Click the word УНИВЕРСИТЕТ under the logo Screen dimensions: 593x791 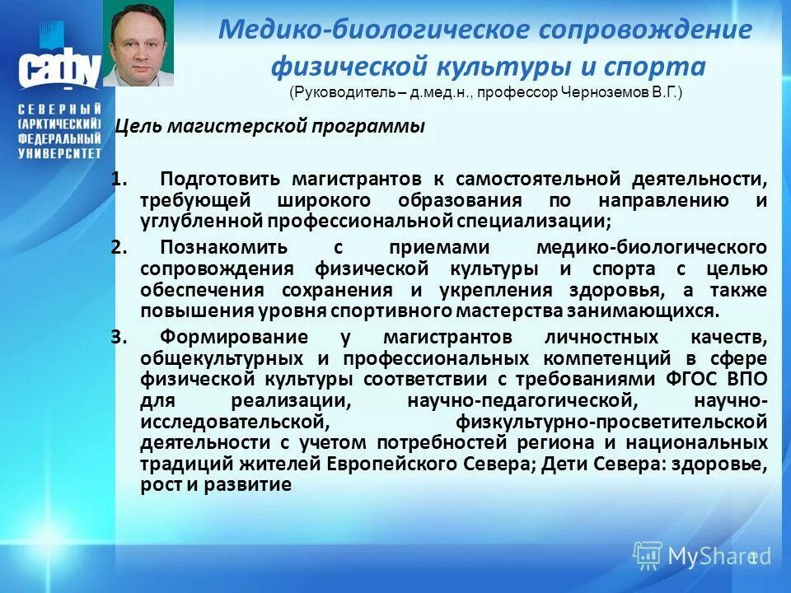coord(60,153)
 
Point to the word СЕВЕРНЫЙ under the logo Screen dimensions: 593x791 coord(60,110)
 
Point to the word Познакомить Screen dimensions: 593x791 coord(224,247)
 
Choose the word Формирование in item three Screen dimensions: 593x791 coord(235,337)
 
